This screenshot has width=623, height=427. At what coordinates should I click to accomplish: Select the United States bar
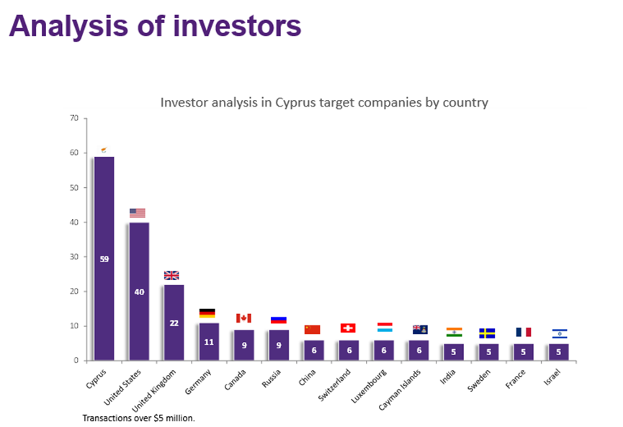click(139, 291)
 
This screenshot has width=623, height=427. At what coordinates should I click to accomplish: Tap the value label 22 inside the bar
click(174, 323)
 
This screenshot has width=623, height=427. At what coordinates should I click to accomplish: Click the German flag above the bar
click(207, 313)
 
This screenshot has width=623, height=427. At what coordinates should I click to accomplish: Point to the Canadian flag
click(243, 318)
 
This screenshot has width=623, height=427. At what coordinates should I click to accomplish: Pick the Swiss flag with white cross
click(348, 328)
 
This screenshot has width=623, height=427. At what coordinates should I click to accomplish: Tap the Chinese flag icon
click(313, 329)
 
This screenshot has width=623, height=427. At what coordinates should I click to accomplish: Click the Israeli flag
click(560, 333)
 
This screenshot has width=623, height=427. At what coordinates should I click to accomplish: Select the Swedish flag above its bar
click(487, 333)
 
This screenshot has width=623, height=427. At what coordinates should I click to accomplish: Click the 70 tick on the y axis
click(74, 118)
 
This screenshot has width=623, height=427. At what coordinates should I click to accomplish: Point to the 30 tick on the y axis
click(74, 256)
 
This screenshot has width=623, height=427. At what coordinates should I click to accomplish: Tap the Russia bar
click(278, 345)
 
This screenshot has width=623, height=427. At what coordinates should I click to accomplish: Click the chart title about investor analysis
click(323, 102)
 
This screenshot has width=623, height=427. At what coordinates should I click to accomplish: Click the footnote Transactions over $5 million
click(139, 418)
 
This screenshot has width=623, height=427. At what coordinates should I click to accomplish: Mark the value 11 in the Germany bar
click(208, 341)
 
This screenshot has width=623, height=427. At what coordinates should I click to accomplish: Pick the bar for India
click(453, 352)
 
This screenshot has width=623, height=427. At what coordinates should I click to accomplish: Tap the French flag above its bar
click(523, 333)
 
